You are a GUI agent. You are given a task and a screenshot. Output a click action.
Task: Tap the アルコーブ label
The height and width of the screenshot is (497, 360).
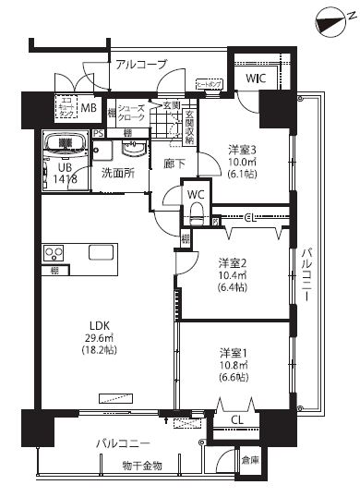coord(141,64)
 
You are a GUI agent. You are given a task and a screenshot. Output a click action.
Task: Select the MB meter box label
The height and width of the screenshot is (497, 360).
coord(89,109)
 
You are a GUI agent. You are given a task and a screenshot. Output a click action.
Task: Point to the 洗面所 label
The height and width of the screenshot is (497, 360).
coord(117,172)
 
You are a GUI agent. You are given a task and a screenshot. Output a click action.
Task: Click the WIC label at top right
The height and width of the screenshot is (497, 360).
coord(254,79)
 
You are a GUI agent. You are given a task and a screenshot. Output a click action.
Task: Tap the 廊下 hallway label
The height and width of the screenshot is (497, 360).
coord(174,164)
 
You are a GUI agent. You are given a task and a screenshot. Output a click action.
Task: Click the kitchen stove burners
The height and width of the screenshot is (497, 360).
coord(53,252)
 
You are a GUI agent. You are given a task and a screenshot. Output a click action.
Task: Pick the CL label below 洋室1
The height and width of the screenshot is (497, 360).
coord(236,420)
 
